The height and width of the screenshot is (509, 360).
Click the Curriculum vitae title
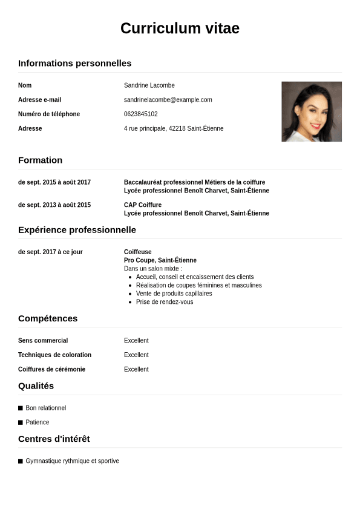(180, 28)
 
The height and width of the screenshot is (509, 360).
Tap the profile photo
(311, 111)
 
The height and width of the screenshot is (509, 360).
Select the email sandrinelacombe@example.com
(168, 100)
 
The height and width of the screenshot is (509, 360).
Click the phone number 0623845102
(140, 114)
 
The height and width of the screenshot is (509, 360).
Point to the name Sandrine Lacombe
(149, 85)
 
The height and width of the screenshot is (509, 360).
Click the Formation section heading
(40, 160)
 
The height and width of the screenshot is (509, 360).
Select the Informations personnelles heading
(74, 64)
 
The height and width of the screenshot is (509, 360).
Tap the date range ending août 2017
(54, 182)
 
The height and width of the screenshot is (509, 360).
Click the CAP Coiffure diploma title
(143, 205)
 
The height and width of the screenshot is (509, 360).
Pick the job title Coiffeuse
(137, 252)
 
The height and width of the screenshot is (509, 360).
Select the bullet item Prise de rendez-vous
(165, 302)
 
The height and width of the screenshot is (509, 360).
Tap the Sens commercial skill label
(43, 341)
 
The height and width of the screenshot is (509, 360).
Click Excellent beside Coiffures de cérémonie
(136, 369)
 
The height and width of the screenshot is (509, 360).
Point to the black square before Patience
(21, 422)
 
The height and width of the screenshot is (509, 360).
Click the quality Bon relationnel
(45, 408)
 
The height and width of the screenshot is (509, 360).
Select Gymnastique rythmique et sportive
(72, 461)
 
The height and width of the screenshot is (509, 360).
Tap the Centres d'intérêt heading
(54, 439)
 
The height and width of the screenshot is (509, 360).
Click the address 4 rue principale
(174, 129)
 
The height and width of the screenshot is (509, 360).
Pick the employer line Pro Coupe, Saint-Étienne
(160, 260)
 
